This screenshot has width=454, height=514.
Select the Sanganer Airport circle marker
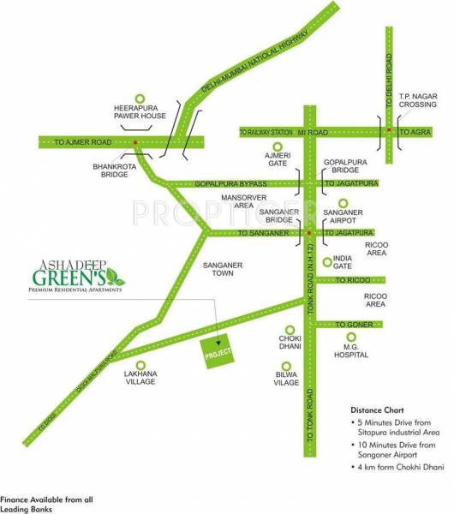(343, 204)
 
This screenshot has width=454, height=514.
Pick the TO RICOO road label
(351, 280)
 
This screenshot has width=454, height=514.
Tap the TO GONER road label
(352, 325)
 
